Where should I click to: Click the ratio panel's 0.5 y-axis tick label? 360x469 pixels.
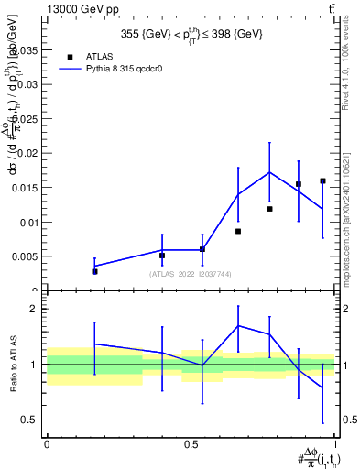point(32,420)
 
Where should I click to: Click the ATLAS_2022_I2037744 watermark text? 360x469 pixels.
point(191,274)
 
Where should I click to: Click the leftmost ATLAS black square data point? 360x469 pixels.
point(94,271)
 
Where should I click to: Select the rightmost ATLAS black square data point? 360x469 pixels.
point(322,181)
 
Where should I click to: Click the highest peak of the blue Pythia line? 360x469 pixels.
point(269,172)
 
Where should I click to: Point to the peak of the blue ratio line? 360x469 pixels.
point(238,325)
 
